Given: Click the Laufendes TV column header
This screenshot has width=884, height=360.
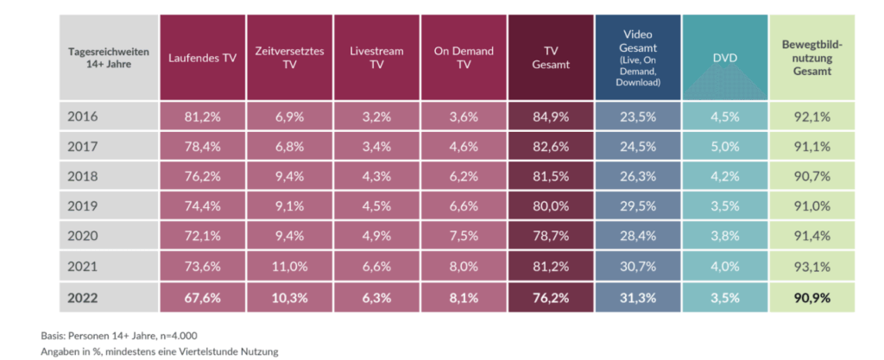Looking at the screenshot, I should coord(202,58).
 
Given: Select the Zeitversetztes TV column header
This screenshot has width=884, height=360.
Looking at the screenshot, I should coord(289,58).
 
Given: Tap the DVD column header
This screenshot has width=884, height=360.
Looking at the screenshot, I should coord(724,58).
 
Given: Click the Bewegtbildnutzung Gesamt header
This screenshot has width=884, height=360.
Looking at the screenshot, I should coord(812,58).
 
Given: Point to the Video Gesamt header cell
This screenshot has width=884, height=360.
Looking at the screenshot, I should coord(639,58).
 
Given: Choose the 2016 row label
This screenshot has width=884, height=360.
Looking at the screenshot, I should coord(83,117).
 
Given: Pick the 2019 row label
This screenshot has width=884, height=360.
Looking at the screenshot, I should coord(83,206).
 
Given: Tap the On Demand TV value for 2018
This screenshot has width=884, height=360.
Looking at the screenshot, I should coord(464,176).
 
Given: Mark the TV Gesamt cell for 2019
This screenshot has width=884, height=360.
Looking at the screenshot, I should coord(551,206).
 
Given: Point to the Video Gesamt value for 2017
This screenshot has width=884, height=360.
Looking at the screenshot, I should coord(639,147).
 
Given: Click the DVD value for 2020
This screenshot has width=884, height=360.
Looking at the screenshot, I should coord(724,237).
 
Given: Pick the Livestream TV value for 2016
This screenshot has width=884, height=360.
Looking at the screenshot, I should coord(376,117).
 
